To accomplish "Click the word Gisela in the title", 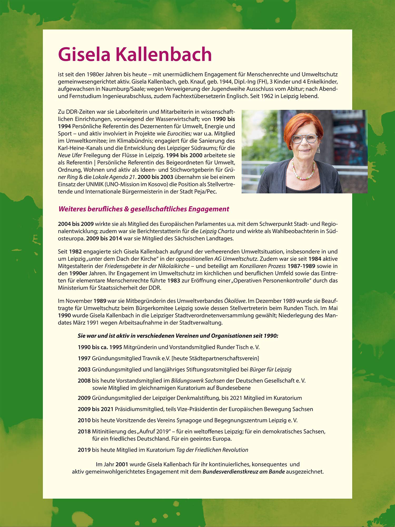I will tap(84, 54).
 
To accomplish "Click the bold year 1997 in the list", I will tap(84, 358).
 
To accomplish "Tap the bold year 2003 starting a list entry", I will tap(84, 369).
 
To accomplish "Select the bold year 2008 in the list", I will tap(84, 380).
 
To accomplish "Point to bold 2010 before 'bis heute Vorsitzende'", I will tap(84, 420).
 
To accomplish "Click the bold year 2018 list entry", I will tap(84, 431).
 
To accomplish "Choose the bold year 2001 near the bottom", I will tap(122, 464).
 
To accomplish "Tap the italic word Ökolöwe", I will tap(235, 301).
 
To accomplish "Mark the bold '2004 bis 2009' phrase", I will tap(76, 224).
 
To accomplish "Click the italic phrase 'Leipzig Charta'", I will tap(217, 231).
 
